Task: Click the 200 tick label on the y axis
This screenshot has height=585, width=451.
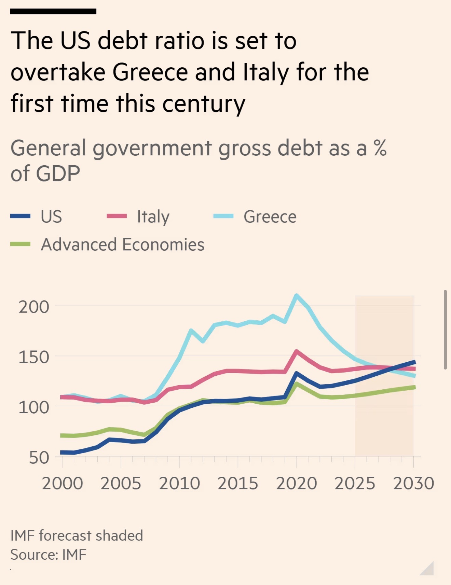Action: point(34,307)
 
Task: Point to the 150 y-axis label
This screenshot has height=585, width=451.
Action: point(34,357)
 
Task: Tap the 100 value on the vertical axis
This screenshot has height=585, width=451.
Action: point(34,407)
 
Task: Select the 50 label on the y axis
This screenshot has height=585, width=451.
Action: point(39,458)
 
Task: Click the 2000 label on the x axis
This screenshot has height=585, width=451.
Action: point(63,484)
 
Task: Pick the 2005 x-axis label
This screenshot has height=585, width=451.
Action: point(121,484)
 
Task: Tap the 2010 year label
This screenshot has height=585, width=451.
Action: point(179,484)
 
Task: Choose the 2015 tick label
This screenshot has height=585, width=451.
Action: point(238,484)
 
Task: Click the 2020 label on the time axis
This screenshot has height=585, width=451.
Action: point(297,484)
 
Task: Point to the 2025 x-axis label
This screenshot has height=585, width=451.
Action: point(355,484)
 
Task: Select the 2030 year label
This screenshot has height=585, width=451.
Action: point(413,484)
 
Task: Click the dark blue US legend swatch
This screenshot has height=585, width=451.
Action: point(20,216)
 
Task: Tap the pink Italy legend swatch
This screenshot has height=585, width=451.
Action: point(117,216)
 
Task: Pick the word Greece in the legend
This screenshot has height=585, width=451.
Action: point(270,217)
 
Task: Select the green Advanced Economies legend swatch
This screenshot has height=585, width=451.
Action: point(20,244)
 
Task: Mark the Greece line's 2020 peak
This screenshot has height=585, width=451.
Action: point(296,295)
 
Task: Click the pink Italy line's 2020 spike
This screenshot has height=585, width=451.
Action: point(296,351)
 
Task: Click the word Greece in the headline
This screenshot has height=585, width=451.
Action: point(150,72)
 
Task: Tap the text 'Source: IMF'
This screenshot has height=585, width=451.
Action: point(48,555)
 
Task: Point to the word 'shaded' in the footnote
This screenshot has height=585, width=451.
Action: point(119,535)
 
